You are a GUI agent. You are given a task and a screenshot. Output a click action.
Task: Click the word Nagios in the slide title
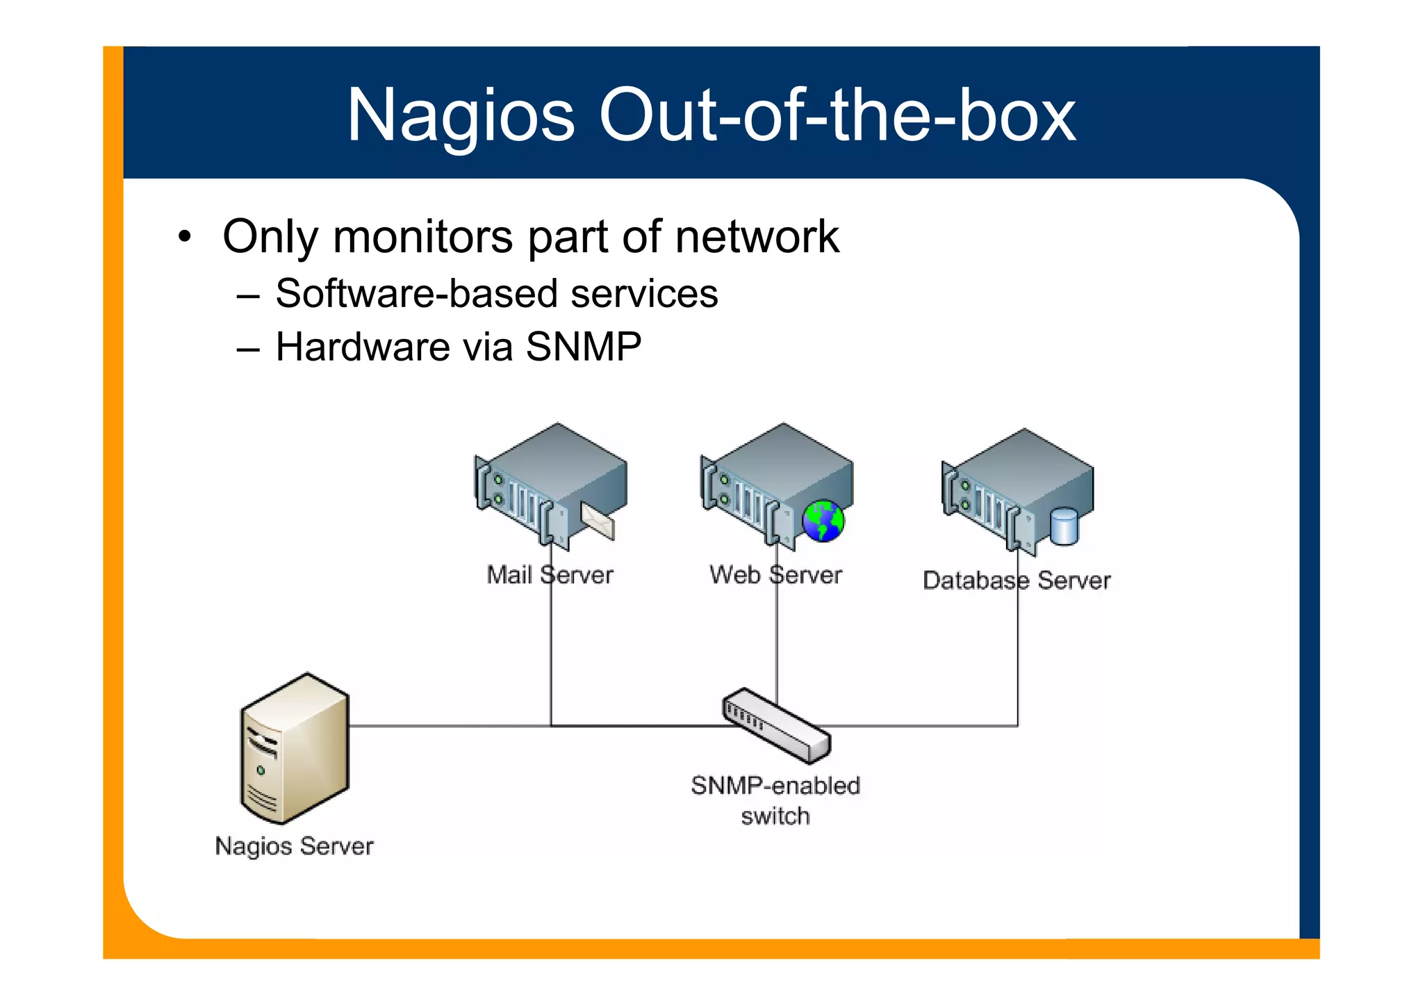point(461,115)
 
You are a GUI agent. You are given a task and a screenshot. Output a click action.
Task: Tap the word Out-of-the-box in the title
point(837,115)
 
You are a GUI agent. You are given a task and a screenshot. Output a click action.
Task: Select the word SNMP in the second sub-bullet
point(584,347)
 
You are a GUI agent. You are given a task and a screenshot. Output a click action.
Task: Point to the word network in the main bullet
point(757,237)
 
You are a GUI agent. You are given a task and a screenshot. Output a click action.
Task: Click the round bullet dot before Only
point(184,237)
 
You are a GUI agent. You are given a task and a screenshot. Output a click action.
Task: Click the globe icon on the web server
point(823,520)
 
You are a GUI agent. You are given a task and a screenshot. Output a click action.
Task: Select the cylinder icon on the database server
point(1064,526)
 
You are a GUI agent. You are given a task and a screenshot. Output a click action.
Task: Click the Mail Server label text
point(550,575)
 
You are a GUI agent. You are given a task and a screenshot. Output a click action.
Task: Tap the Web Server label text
point(775,575)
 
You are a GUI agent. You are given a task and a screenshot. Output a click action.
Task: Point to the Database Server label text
point(1017,580)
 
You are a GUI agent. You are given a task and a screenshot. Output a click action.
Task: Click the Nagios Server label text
point(294,846)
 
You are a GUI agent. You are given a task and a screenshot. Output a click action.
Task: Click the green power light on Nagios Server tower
point(261,770)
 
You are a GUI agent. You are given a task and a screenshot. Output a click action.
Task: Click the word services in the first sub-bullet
point(644,293)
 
